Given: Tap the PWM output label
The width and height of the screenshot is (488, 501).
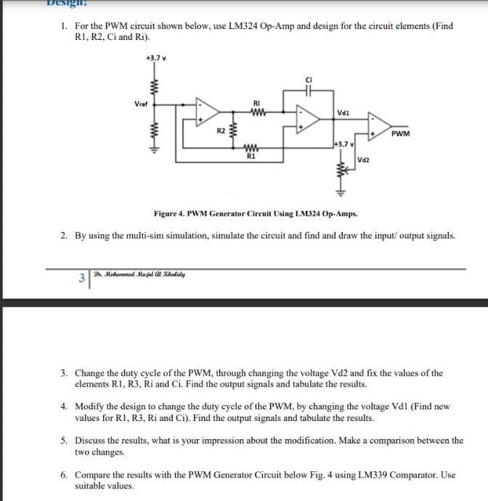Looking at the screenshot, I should point(399,134).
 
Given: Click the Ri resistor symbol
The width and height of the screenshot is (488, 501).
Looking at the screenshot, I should point(256,111).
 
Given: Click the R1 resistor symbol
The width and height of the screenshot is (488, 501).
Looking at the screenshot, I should point(251,149).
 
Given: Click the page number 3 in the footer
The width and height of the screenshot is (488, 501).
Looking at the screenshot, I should point(82,277).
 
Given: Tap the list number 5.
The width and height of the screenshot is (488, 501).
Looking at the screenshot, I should point(64,440).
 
